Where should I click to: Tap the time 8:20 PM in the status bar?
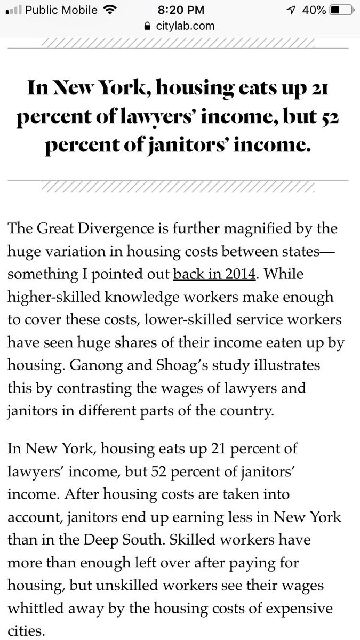point(179,10)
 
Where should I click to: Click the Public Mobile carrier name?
point(62,10)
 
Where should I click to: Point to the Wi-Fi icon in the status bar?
point(111,10)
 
